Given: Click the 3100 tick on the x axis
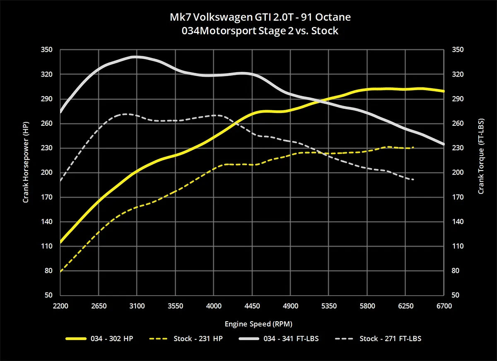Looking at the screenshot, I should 137,306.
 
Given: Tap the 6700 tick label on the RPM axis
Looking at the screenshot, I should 444,306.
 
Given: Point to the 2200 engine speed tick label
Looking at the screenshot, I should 60,306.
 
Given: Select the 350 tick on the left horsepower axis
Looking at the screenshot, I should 47,50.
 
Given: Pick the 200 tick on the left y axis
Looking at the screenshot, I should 47,173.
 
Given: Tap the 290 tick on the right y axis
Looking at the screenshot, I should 458,99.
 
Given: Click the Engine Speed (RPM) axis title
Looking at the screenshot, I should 252,323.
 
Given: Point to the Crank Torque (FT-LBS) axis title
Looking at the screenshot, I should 481,161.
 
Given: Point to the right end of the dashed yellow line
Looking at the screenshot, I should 413,147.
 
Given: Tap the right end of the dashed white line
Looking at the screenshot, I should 413,180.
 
